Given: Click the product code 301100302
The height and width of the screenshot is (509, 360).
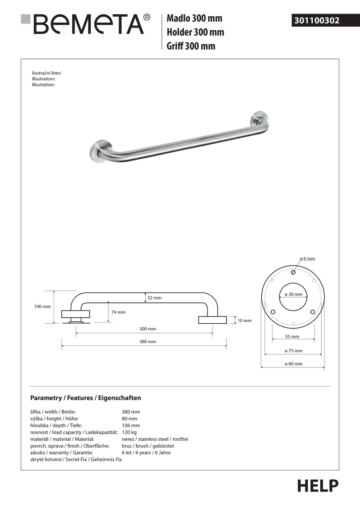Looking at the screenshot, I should [317, 20].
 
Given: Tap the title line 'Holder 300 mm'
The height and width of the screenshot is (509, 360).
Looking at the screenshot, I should [195, 32].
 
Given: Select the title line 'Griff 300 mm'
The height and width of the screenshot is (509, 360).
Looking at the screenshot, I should [191, 46].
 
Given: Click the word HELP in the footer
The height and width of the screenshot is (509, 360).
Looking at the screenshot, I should [318, 486].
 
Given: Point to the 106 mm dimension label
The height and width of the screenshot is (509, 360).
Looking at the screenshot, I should [43, 307].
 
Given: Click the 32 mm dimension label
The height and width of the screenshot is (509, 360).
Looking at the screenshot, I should [154, 298].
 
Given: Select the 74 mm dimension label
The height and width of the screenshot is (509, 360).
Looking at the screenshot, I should [118, 312].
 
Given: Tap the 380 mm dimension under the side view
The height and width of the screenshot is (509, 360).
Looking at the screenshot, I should [148, 342].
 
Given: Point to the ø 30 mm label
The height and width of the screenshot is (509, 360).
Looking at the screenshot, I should [294, 295].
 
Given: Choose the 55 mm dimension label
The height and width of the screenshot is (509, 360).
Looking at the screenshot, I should [292, 337].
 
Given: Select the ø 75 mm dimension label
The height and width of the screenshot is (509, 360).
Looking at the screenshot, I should [294, 351].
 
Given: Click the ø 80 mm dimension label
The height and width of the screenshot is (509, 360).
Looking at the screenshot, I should [294, 364].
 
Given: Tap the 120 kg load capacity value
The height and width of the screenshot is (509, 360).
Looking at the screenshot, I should [129, 432].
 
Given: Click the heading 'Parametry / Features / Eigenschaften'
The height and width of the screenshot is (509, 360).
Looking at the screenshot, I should [86, 398].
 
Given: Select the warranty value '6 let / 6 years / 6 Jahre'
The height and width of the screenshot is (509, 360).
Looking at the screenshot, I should [146, 453].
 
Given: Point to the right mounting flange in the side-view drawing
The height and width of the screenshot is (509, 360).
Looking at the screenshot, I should [212, 320].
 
